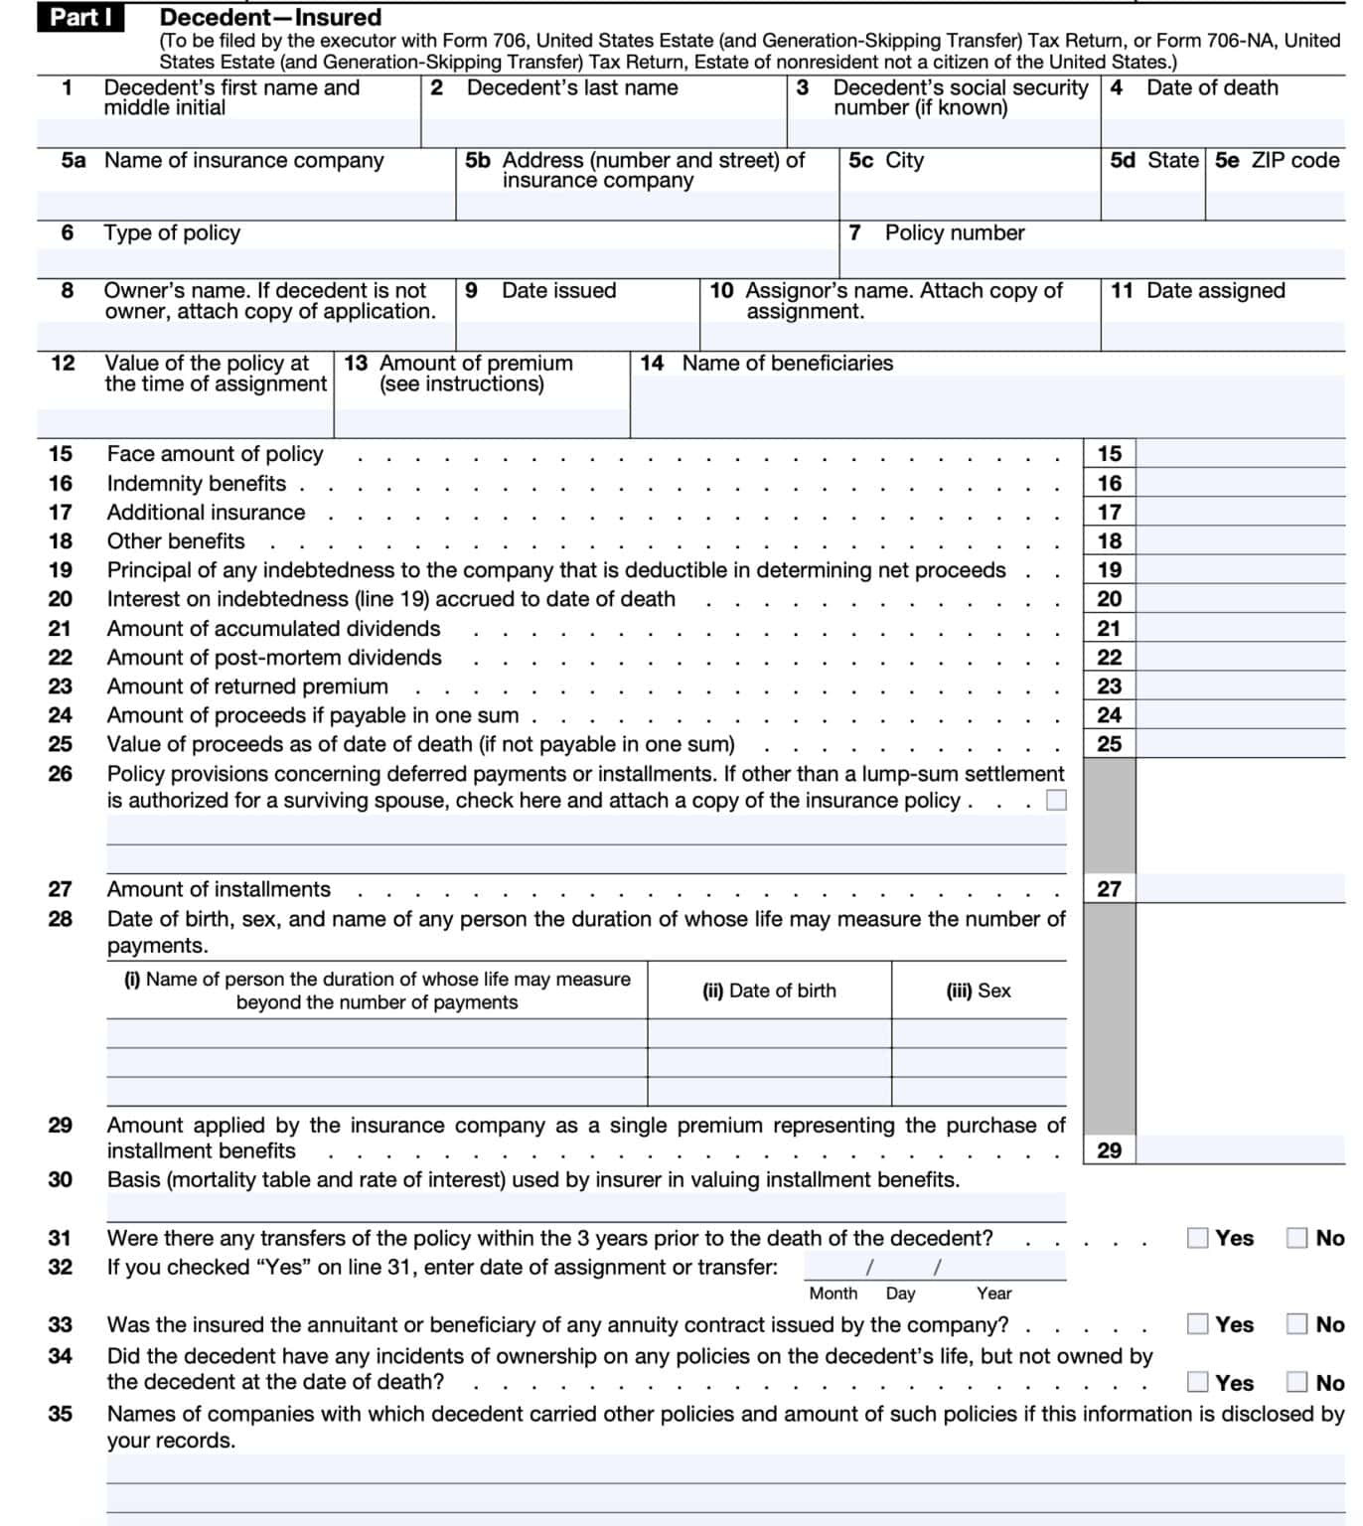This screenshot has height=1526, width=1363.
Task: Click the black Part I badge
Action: pos(80,17)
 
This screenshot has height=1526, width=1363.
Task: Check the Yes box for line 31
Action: pos(1198,1238)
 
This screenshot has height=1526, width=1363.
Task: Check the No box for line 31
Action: pos(1296,1238)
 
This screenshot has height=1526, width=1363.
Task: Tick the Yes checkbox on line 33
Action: pos(1198,1324)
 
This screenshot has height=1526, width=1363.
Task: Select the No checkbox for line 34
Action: pos(1296,1382)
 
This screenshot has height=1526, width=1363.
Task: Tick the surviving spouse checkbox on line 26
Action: pos(1057,801)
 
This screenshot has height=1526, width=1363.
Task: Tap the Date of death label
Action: pos(1212,87)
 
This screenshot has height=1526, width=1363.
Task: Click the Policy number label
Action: pos(954,232)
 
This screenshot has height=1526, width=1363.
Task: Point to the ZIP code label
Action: pos(1294,160)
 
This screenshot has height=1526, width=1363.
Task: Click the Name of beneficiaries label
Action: pos(787,364)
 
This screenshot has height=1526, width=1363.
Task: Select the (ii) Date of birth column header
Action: pos(769,991)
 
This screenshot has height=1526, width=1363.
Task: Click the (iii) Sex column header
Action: pos(979,991)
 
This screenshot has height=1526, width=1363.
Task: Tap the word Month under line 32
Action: pos(833,1294)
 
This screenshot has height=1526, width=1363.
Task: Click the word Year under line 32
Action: pos(993,1294)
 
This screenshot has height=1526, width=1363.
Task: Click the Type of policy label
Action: pos(172,232)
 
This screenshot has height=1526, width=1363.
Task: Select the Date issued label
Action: pos(558,291)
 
